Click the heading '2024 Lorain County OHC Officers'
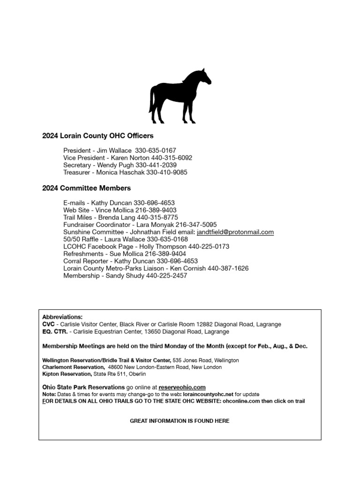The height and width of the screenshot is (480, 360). click(97, 136)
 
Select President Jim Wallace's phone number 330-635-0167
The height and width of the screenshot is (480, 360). click(156, 150)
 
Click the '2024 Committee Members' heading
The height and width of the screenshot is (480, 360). click(86, 188)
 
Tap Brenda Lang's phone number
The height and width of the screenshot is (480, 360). click(157, 217)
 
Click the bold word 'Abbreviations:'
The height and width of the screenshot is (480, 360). click(62, 317)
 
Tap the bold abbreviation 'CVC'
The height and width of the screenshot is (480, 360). click(49, 324)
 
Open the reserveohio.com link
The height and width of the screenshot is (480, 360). click(182, 387)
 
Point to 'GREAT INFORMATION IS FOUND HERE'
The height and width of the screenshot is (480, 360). click(180, 421)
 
